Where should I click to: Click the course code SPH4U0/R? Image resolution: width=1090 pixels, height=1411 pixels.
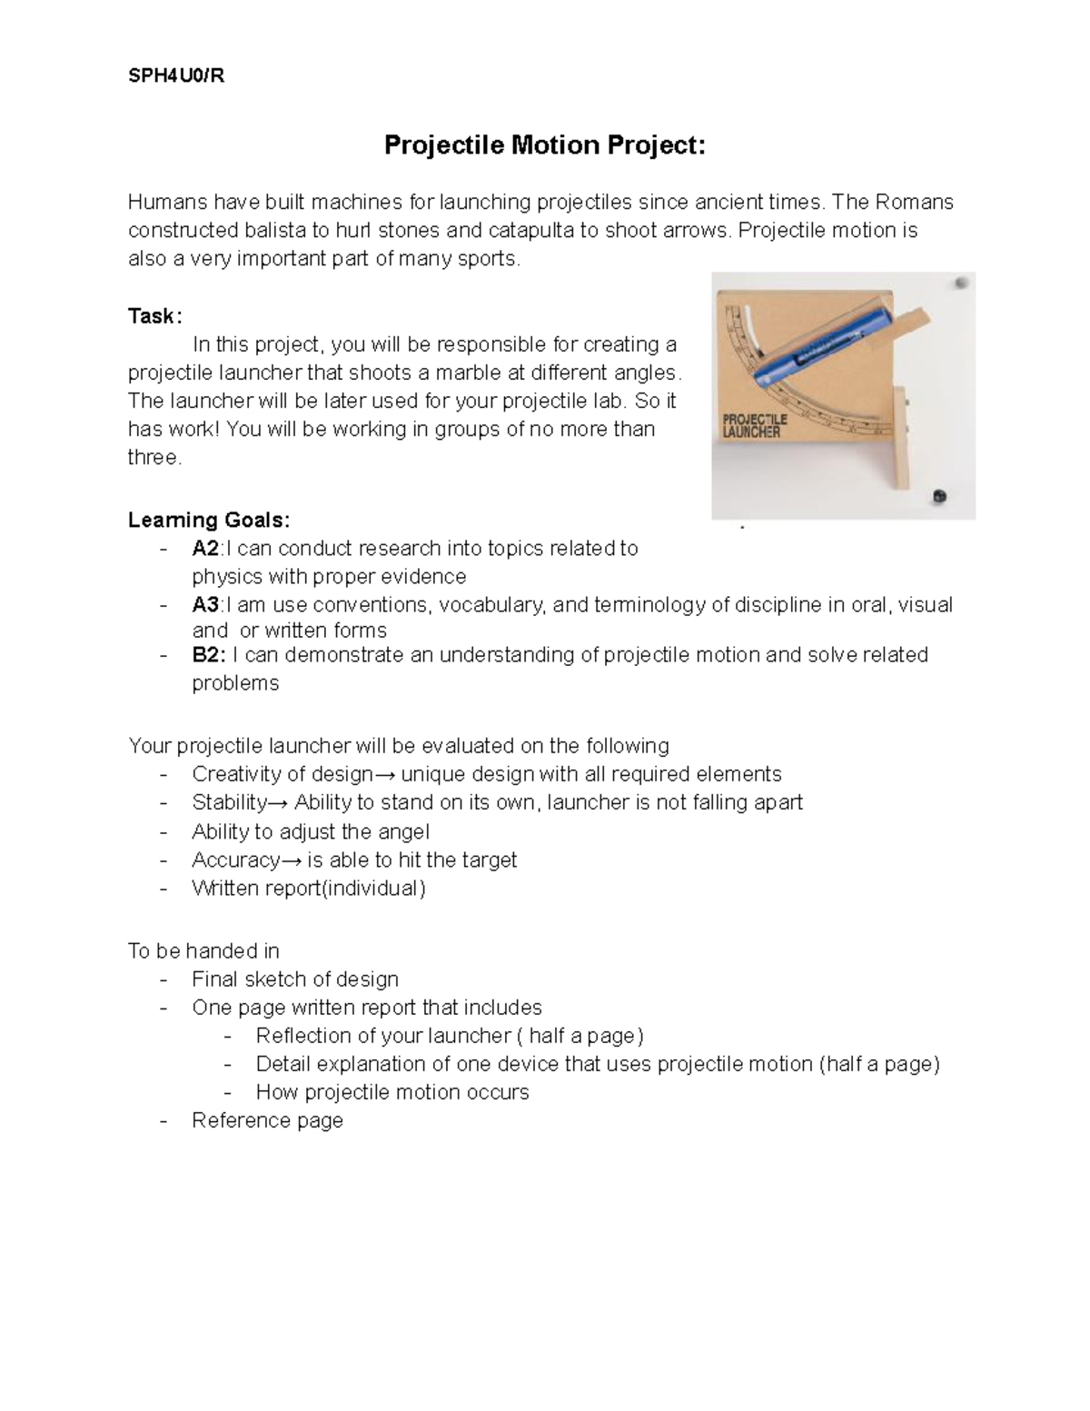(x=176, y=76)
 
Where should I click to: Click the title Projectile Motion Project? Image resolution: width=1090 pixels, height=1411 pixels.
(x=544, y=145)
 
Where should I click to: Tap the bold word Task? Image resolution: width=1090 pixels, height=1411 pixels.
(x=154, y=316)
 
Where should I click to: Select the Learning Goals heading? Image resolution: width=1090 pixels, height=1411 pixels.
(x=209, y=520)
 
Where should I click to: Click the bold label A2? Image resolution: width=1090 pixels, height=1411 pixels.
(x=205, y=549)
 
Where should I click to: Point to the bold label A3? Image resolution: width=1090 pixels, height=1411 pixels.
(x=205, y=605)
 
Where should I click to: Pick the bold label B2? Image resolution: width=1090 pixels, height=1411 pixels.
(x=207, y=655)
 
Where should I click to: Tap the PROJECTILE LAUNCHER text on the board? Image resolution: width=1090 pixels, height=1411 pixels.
(x=754, y=426)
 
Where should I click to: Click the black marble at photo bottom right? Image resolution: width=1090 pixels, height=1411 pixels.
(x=939, y=496)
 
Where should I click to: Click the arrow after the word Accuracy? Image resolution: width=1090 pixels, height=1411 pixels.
(x=292, y=860)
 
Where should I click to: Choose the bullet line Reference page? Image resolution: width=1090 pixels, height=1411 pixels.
(x=267, y=1120)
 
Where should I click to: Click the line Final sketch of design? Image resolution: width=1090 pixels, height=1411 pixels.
(x=295, y=979)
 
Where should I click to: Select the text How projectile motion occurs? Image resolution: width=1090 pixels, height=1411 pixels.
(x=392, y=1092)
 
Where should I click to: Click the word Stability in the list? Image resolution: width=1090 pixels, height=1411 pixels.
(x=230, y=802)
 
